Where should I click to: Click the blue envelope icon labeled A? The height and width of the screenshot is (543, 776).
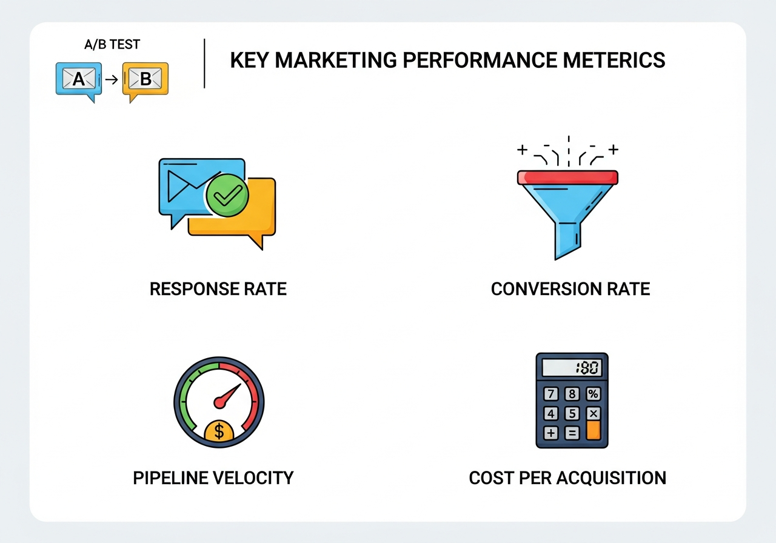pyautogui.click(x=79, y=79)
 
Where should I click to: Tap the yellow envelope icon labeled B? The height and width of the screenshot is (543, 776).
pyautogui.click(x=145, y=79)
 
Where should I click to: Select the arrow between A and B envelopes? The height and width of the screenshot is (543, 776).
pyautogui.click(x=112, y=79)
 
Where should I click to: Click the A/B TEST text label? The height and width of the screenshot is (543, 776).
pyautogui.click(x=112, y=45)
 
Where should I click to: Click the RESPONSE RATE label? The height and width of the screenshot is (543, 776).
pyautogui.click(x=218, y=289)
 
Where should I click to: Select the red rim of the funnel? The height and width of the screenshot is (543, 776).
pyautogui.click(x=567, y=177)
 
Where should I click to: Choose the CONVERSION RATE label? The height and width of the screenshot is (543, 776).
pyautogui.click(x=570, y=289)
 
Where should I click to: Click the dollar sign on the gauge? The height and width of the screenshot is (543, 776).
pyautogui.click(x=219, y=431)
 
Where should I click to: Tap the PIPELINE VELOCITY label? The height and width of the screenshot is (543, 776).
pyautogui.click(x=213, y=478)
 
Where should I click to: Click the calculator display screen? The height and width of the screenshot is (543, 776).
pyautogui.click(x=572, y=367)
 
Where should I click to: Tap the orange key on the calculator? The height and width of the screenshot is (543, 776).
pyautogui.click(x=593, y=430)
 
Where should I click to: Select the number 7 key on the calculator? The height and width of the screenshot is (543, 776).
pyautogui.click(x=551, y=394)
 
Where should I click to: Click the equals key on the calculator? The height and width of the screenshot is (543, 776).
pyautogui.click(x=572, y=433)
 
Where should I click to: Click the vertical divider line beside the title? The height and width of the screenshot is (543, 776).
pyautogui.click(x=205, y=64)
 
